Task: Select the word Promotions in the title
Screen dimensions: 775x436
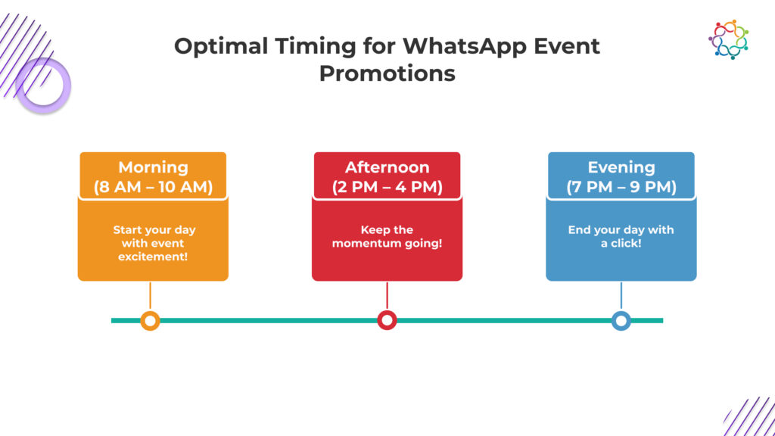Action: [x=387, y=73]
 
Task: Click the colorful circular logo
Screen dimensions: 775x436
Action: [x=728, y=39]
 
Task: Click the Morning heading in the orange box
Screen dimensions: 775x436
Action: [x=153, y=167]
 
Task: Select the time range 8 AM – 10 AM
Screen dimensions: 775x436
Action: [x=153, y=187]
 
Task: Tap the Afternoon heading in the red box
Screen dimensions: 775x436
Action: [x=387, y=167]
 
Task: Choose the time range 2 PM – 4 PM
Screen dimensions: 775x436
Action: [x=387, y=187]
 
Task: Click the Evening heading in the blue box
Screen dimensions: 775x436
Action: [x=621, y=167]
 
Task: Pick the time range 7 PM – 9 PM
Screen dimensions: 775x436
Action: [x=621, y=187]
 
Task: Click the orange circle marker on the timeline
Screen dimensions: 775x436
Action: [x=151, y=321]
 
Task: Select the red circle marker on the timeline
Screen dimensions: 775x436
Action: [x=387, y=320]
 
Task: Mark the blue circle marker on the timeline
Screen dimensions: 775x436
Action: [x=621, y=321]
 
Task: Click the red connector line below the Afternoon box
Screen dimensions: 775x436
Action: [x=387, y=296]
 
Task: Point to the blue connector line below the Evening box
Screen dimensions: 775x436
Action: [x=621, y=296]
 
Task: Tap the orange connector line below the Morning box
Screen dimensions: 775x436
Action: [x=151, y=296]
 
